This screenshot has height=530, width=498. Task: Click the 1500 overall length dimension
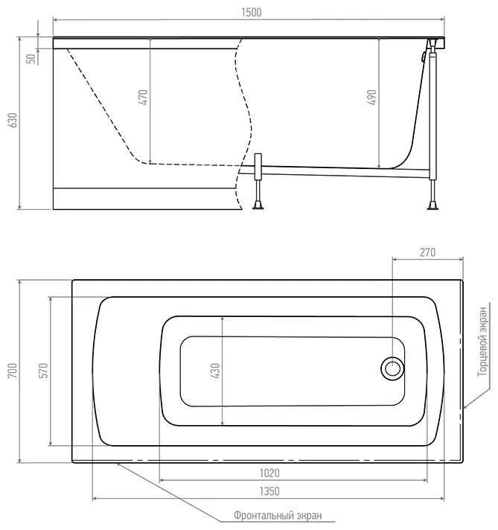coord(252,13)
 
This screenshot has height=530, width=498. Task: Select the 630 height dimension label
coord(13,120)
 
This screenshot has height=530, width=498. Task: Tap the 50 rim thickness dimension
coord(31,59)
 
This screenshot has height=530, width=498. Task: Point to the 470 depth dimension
coord(144,97)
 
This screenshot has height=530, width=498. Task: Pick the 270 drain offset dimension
coord(428,252)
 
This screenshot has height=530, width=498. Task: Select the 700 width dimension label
coord(13,371)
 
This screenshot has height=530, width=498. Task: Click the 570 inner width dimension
coord(44,371)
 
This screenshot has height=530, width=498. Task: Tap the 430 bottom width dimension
coord(215,371)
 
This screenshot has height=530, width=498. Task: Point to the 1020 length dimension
coord(269,473)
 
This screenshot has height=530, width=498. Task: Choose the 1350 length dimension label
coord(269,491)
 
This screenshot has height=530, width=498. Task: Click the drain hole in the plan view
coord(392,368)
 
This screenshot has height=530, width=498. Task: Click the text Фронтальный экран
coord(278,515)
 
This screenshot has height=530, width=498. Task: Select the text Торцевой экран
coord(482,342)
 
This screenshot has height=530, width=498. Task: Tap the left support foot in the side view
coord(258,206)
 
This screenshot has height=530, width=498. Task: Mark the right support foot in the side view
coord(432,206)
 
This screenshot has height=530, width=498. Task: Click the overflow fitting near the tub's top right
coord(423,57)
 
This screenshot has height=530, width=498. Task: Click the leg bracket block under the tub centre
coord(258,167)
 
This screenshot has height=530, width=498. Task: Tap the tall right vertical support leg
coord(433,114)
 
